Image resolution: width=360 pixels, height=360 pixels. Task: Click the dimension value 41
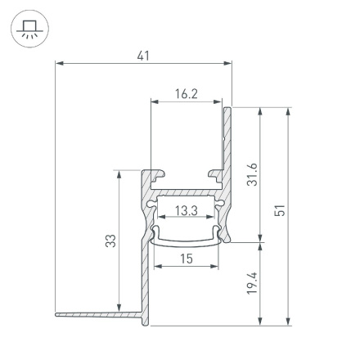tap(143, 55)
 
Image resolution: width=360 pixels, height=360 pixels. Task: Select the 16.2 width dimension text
tap(186, 94)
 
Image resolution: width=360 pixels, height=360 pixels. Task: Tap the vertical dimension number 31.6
tap(252, 173)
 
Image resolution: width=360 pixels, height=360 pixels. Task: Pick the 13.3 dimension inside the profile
tap(186, 211)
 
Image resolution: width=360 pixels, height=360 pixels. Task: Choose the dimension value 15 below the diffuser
tap(186, 259)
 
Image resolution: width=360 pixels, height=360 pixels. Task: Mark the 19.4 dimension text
tap(252, 283)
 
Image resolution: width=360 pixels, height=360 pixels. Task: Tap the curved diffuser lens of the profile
tap(186, 241)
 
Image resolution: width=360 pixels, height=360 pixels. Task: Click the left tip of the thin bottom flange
tap(57, 313)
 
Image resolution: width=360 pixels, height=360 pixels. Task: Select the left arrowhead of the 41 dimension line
tap(59, 63)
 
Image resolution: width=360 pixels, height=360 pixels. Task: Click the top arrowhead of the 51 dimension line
tap(288, 110)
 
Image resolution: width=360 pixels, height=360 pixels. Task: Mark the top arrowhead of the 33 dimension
tap(119, 173)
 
